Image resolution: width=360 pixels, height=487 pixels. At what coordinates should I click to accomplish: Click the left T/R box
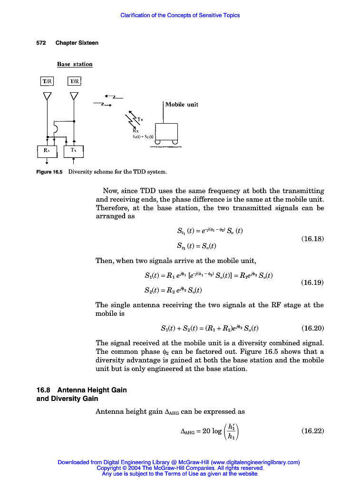47,81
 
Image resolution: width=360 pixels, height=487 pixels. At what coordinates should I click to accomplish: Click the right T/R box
75,81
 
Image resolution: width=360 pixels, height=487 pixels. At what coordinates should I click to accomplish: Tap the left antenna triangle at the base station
47,96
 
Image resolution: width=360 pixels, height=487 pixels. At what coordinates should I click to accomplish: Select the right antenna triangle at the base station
74,96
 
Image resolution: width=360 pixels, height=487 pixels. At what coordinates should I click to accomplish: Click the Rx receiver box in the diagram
47,151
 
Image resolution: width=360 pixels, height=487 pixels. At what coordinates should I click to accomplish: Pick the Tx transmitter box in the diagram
74,151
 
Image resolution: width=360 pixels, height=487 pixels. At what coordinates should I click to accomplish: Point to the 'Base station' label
75,64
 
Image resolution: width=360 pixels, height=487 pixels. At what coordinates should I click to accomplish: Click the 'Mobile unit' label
182,104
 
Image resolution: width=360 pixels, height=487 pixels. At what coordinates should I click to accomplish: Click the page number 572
41,43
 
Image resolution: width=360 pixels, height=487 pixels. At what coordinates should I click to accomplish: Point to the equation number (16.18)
312,239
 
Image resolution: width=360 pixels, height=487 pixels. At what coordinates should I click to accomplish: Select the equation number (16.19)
312,282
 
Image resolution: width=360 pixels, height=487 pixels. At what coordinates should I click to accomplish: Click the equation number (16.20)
312,328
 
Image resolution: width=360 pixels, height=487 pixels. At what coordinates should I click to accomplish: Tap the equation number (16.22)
312,431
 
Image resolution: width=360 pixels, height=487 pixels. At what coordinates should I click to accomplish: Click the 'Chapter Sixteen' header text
77,43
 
